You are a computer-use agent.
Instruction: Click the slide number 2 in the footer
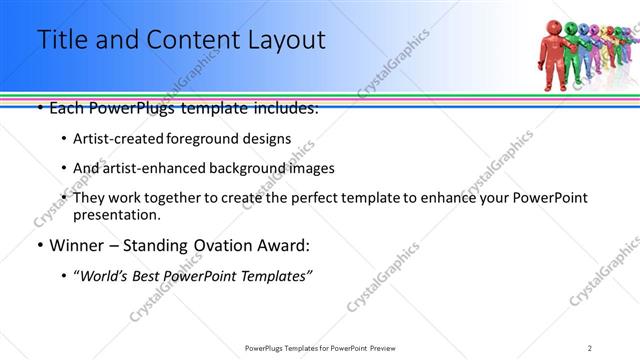tap(590, 347)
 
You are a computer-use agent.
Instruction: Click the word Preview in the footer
tap(381, 347)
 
